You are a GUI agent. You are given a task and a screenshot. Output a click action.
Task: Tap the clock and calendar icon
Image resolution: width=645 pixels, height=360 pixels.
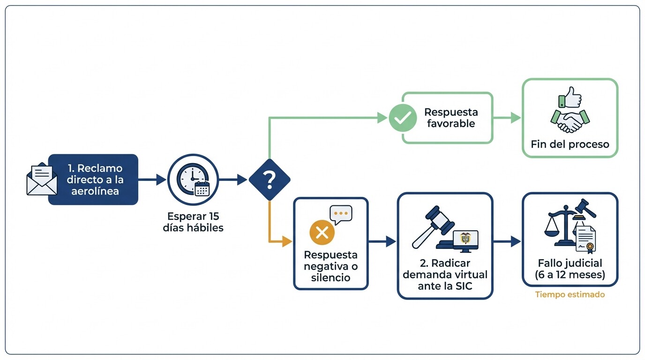193,180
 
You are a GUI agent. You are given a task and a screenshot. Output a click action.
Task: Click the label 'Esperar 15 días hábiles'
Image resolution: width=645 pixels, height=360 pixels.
193,222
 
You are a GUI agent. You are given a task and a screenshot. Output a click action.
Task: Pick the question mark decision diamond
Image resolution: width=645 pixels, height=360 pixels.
269,180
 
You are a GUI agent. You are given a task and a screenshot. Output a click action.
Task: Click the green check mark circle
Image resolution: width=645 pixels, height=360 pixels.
402,118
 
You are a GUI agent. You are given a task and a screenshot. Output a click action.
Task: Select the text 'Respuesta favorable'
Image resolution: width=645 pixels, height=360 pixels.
450,118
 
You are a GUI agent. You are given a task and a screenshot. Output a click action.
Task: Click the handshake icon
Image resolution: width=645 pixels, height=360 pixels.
570,121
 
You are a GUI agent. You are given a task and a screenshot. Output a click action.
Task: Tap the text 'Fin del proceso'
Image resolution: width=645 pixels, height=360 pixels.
570,144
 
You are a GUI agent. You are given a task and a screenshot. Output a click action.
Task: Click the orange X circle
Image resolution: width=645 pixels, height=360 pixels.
322,232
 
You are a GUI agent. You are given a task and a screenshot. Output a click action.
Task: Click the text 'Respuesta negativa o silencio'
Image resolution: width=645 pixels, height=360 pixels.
330,266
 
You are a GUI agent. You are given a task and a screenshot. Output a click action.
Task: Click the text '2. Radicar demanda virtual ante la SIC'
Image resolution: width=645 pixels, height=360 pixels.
445,274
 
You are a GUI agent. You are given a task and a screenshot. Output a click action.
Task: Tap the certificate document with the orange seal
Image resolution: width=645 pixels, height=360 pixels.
586,239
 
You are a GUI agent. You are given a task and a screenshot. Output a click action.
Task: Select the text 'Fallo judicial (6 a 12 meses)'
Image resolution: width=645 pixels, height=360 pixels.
570,269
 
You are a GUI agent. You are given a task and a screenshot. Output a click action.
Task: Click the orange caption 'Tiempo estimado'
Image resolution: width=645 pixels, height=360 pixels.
570,295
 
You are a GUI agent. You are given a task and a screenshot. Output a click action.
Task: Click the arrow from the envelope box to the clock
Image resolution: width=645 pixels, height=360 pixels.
152,180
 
